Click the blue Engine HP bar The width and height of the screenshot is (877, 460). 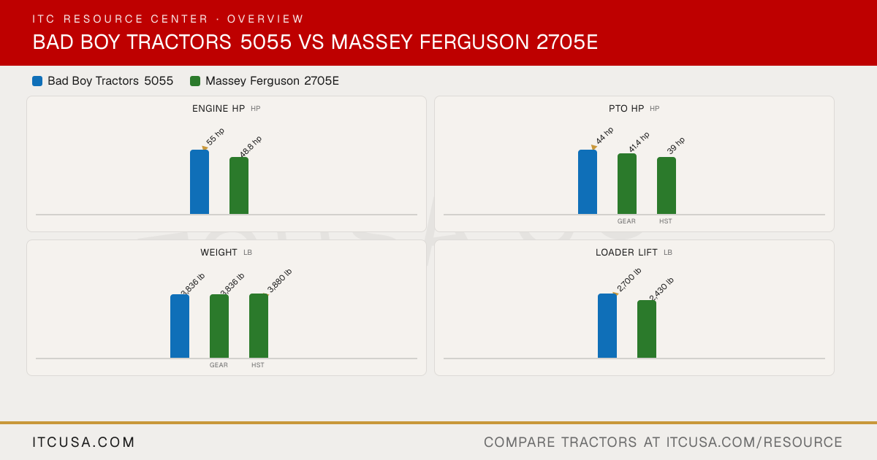pyautogui.click(x=200, y=182)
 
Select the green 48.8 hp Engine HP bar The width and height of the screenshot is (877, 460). pyautogui.click(x=239, y=185)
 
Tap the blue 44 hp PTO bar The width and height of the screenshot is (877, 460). pyautogui.click(x=588, y=182)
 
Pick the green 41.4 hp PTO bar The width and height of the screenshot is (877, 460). pyautogui.click(x=627, y=184)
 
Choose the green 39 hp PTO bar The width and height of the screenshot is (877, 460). pyautogui.click(x=667, y=185)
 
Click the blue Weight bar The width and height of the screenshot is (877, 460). pyautogui.click(x=180, y=326)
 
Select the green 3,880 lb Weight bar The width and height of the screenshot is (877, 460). pyautogui.click(x=259, y=326)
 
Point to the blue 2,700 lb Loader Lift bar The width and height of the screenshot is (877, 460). pyautogui.click(x=607, y=326)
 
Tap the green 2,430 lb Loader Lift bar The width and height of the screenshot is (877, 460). pyautogui.click(x=647, y=329)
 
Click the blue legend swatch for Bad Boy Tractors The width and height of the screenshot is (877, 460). pyautogui.click(x=37, y=81)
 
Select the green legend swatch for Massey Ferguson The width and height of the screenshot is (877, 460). pyautogui.click(x=195, y=81)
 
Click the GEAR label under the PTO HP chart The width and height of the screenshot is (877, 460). pyautogui.click(x=626, y=221)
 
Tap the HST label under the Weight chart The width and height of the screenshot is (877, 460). pyautogui.click(x=257, y=365)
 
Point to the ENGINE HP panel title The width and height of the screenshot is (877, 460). pyautogui.click(x=219, y=109)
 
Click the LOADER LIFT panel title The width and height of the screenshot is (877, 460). pyautogui.click(x=626, y=253)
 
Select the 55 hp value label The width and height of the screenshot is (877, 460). pyautogui.click(x=216, y=137)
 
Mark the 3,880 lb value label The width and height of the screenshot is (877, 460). pyautogui.click(x=279, y=281)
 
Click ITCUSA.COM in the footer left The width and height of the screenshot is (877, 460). pyautogui.click(x=83, y=442)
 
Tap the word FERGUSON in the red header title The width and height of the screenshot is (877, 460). pyautogui.click(x=474, y=42)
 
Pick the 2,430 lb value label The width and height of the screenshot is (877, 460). pyautogui.click(x=661, y=289)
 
